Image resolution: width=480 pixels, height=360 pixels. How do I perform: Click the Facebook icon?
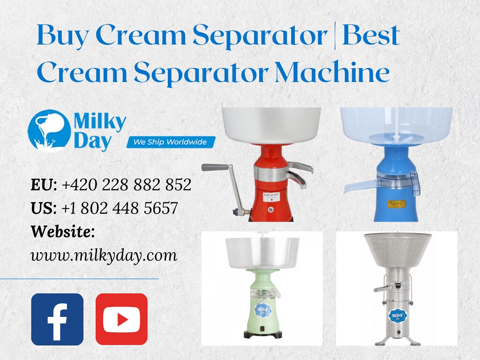[x=57, y=319]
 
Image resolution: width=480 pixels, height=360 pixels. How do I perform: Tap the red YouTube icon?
[x=121, y=319]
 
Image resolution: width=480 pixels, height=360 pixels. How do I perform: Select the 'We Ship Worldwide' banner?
[x=171, y=142]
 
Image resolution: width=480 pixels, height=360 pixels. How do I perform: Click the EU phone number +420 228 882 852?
[x=127, y=185]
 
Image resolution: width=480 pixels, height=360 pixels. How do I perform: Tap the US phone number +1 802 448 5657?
[x=120, y=208]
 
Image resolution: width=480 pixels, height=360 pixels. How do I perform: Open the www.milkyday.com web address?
[x=104, y=255]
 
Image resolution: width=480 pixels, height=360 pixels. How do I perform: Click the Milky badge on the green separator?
[x=262, y=309]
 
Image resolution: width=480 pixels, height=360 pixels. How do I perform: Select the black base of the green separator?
[x=262, y=334]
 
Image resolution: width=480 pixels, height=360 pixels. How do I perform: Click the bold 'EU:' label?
[x=44, y=185]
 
